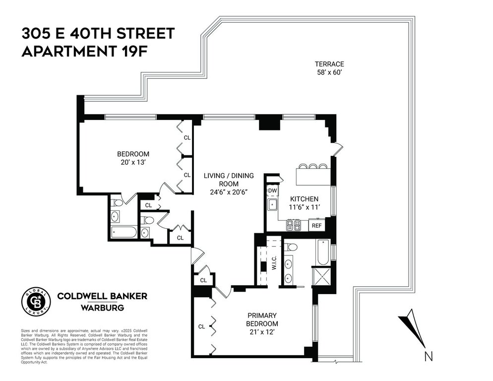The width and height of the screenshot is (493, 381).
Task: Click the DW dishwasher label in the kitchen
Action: [x=272, y=190]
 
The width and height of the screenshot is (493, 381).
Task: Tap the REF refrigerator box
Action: [x=316, y=225]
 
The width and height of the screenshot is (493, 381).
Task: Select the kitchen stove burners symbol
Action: [x=293, y=225]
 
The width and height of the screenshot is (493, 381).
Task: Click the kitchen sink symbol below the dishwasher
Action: [x=272, y=205]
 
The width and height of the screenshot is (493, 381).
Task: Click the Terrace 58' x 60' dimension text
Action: [x=329, y=72]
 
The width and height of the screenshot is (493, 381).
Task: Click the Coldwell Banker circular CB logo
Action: [x=36, y=302]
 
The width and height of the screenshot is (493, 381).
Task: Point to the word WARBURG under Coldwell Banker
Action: [x=102, y=308]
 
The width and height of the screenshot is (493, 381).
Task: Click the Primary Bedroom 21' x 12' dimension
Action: [x=262, y=332]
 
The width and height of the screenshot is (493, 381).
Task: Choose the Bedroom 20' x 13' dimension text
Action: [x=133, y=162]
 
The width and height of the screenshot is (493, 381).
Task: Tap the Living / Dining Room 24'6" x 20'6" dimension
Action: [x=229, y=192]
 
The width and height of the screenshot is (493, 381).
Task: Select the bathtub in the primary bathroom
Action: [x=323, y=253]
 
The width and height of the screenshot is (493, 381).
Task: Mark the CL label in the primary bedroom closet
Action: [x=201, y=326]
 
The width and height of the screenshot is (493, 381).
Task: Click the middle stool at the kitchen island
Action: [x=313, y=166]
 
